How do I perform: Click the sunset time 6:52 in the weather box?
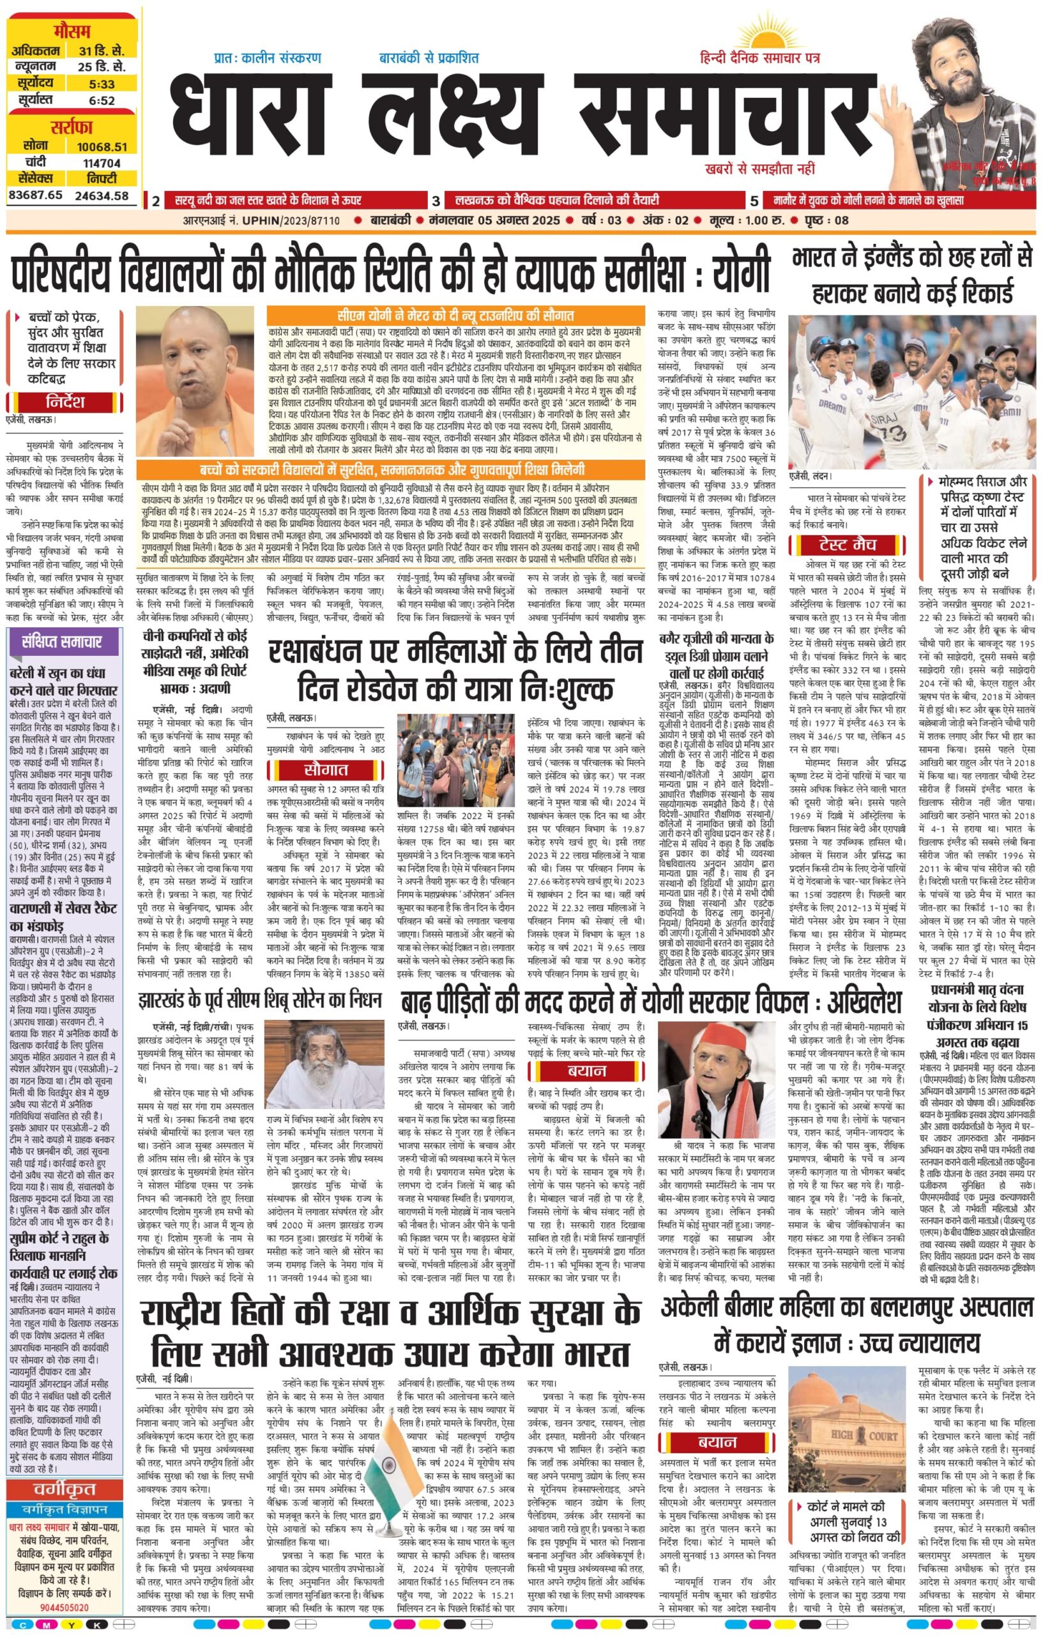click(102, 100)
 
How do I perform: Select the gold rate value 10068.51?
click(102, 147)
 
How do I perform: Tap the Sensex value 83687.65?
click(35, 195)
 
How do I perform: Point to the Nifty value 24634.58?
click(102, 195)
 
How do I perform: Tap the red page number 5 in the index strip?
click(754, 201)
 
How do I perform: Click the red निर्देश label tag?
click(65, 401)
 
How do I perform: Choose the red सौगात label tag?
click(326, 770)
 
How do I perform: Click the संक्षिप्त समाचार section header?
click(61, 642)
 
